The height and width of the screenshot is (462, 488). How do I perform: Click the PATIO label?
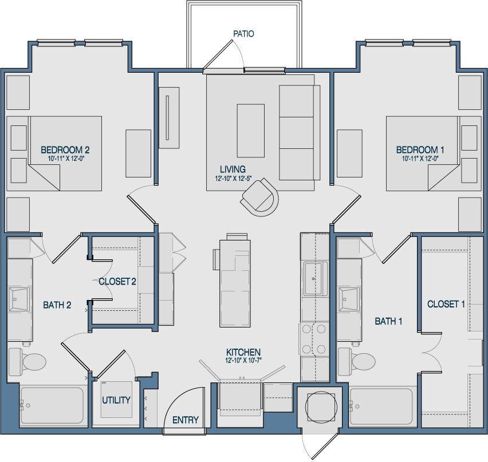[x=243, y=34]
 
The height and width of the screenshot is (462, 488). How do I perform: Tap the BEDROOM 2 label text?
[x=65, y=150]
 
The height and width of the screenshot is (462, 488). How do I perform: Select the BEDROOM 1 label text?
[x=420, y=150]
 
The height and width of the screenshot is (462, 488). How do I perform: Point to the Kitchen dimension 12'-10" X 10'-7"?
[x=243, y=361]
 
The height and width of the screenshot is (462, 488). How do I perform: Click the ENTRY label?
[x=186, y=420]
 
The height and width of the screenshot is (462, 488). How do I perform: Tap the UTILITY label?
[x=116, y=400]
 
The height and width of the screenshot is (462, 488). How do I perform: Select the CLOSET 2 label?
[x=117, y=281]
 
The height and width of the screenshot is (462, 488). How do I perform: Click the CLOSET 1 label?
[x=446, y=304]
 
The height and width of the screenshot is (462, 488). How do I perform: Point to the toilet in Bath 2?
[x=31, y=361]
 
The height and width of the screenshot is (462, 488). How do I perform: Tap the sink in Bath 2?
[x=19, y=298]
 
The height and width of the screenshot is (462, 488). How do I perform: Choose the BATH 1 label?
[x=388, y=321]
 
